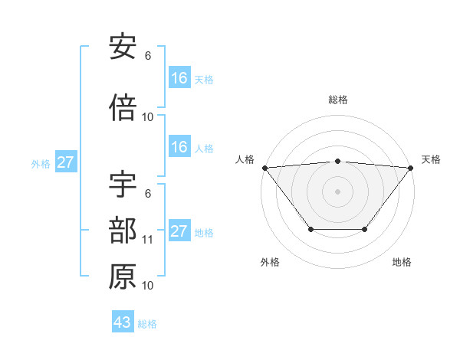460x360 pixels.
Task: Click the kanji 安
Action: [123, 47]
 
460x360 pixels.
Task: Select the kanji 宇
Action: [123, 187]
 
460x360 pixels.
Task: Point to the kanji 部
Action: [123, 231]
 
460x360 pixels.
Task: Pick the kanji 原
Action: [123, 277]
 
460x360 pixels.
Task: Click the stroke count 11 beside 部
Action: [148, 240]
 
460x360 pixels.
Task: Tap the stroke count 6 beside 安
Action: [148, 55]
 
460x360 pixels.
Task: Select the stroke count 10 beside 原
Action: [148, 286]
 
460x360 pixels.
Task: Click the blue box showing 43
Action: [122, 322]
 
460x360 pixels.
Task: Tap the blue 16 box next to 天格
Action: [179, 78]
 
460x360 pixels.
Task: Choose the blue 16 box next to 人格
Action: [179, 147]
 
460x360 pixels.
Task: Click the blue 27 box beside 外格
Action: [65, 162]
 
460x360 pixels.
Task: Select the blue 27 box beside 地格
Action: [179, 231]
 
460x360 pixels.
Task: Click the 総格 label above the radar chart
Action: [337, 100]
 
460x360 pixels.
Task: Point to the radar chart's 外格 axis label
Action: [270, 263]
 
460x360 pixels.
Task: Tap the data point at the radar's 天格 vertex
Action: [411, 167]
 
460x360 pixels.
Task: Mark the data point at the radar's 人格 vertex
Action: [264, 167]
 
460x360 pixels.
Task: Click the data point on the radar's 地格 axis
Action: [365, 229]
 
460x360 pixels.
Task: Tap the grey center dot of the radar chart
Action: [337, 191]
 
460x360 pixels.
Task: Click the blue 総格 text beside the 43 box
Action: [147, 323]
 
